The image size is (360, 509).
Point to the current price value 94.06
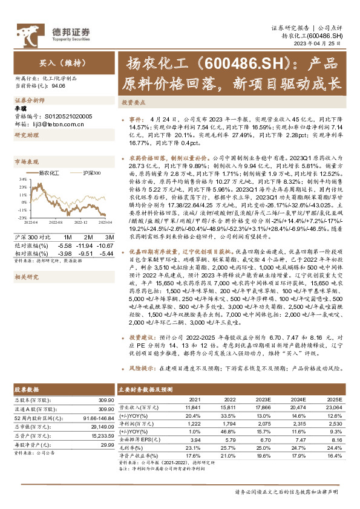[59, 86]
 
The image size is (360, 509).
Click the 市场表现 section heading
[26, 162]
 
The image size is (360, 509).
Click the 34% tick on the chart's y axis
[22, 180]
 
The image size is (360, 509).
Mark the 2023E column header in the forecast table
[264, 400]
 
